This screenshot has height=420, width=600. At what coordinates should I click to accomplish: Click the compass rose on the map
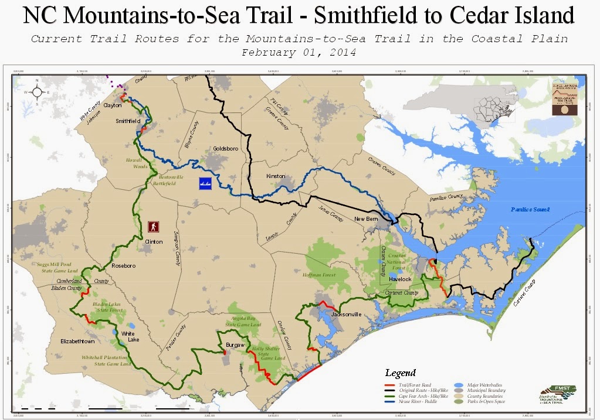click(37, 91)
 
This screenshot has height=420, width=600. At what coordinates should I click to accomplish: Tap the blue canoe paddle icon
click(205, 181)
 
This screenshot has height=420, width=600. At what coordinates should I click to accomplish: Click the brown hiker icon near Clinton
click(154, 226)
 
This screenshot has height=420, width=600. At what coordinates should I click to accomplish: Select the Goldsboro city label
click(225, 149)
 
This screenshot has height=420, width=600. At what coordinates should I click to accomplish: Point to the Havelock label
click(399, 279)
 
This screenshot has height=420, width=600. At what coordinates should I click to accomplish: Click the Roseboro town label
click(124, 266)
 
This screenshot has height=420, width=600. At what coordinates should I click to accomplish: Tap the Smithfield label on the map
click(127, 121)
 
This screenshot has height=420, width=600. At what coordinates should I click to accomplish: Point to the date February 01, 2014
click(299, 52)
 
